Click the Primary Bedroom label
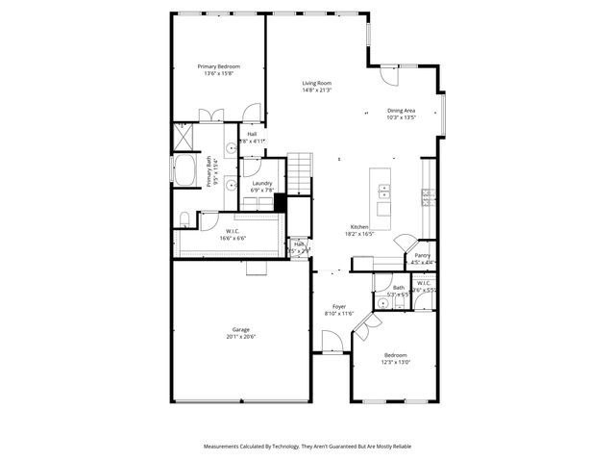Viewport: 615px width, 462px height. (218, 66)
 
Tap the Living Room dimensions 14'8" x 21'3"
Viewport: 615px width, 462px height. (316, 90)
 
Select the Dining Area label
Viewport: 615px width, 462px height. (401, 111)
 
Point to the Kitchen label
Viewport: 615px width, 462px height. (358, 227)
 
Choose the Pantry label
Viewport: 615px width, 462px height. (422, 256)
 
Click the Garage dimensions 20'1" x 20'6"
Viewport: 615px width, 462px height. (240, 336)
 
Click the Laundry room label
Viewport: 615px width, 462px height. (262, 183)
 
